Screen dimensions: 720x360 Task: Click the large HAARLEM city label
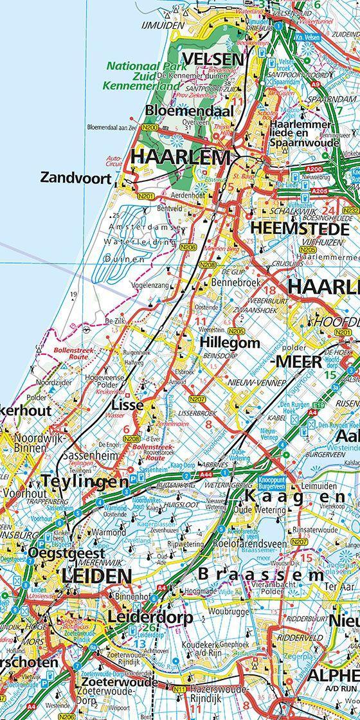(x=181, y=157)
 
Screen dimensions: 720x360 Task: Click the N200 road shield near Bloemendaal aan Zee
(x=150, y=128)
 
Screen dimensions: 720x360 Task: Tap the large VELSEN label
(x=212, y=59)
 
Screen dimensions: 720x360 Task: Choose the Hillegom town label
(x=230, y=343)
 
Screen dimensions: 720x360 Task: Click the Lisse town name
(x=127, y=405)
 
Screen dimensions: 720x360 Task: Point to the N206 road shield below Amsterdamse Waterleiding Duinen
(x=188, y=247)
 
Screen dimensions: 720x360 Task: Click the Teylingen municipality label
(x=85, y=481)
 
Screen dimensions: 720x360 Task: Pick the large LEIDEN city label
(x=96, y=575)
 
